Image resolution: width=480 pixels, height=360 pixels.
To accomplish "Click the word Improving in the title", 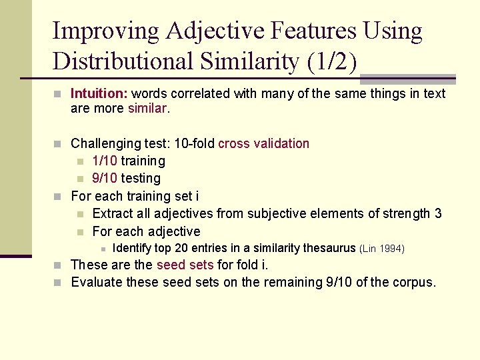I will [106, 31].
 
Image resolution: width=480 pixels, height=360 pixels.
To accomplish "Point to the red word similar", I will [147, 108].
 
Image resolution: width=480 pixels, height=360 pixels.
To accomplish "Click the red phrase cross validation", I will [264, 143].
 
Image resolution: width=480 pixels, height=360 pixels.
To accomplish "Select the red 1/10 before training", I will [105, 161].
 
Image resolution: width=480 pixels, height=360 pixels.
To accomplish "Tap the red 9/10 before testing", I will [105, 178].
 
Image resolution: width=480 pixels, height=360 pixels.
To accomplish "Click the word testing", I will [141, 178].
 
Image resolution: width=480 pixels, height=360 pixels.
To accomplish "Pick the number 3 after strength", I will [438, 213].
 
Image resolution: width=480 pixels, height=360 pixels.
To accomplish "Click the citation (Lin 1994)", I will [382, 249].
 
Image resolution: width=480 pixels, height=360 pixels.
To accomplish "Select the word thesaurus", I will [329, 248].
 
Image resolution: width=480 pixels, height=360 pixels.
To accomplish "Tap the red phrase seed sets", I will [185, 265].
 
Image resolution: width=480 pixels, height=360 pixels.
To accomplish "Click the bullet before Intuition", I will [59, 94].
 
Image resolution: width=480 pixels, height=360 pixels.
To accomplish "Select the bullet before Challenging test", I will [59, 144].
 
